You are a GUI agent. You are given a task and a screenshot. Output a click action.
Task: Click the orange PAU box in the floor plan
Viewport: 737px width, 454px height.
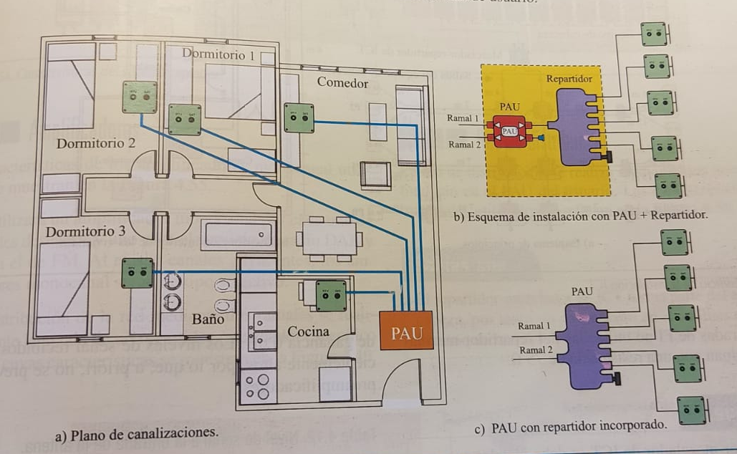406,332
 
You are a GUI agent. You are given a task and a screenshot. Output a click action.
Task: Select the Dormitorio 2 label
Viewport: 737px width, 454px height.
96,143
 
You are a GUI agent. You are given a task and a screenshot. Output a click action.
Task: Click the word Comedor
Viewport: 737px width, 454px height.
342,83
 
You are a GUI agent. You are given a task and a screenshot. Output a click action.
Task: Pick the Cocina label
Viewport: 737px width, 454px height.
308,332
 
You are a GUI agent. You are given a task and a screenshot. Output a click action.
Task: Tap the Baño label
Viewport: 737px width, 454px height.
208,319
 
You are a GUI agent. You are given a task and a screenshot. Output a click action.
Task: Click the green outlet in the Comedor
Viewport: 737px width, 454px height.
299,118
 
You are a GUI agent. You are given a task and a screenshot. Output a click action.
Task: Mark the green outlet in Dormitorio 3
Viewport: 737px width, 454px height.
136,273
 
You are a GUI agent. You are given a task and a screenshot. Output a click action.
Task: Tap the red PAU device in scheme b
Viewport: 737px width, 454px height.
509,130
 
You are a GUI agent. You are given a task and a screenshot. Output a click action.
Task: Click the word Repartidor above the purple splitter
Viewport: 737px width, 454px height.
569,79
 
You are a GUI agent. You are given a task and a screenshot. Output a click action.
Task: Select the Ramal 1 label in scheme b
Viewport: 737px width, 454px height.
463,118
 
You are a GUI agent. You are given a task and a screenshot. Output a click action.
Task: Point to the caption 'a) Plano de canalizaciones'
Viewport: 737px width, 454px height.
137,434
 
